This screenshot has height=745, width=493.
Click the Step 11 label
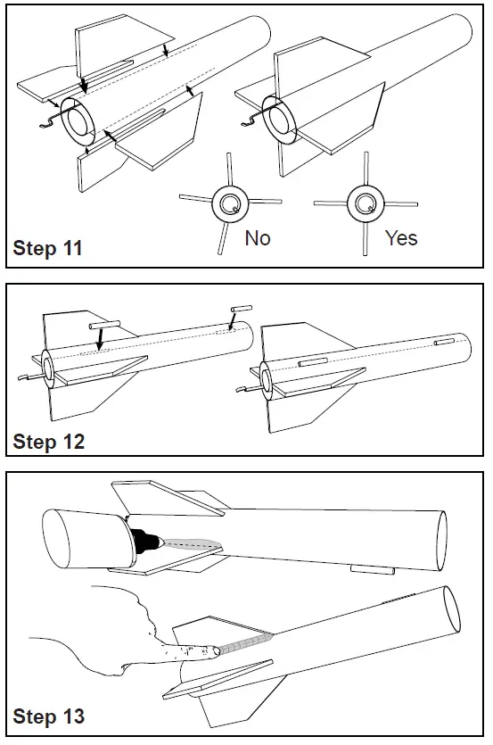47,248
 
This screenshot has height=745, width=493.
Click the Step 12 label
48,442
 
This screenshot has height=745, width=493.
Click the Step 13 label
48,716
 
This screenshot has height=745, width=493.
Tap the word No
258,237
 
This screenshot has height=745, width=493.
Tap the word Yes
401,237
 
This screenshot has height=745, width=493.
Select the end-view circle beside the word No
230,204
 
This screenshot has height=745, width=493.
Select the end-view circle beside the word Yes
366,203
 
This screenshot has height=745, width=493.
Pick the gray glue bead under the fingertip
245,642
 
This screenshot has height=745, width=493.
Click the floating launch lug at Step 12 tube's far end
242,309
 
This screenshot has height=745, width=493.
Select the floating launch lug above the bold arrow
104,325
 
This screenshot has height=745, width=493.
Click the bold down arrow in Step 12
99,339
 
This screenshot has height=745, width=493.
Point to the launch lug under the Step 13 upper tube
373,569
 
